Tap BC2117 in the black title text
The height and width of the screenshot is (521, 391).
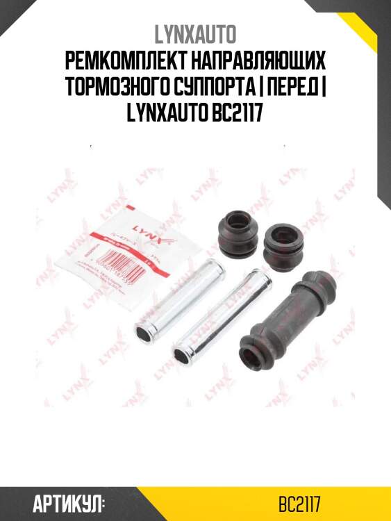click(x=238, y=113)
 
